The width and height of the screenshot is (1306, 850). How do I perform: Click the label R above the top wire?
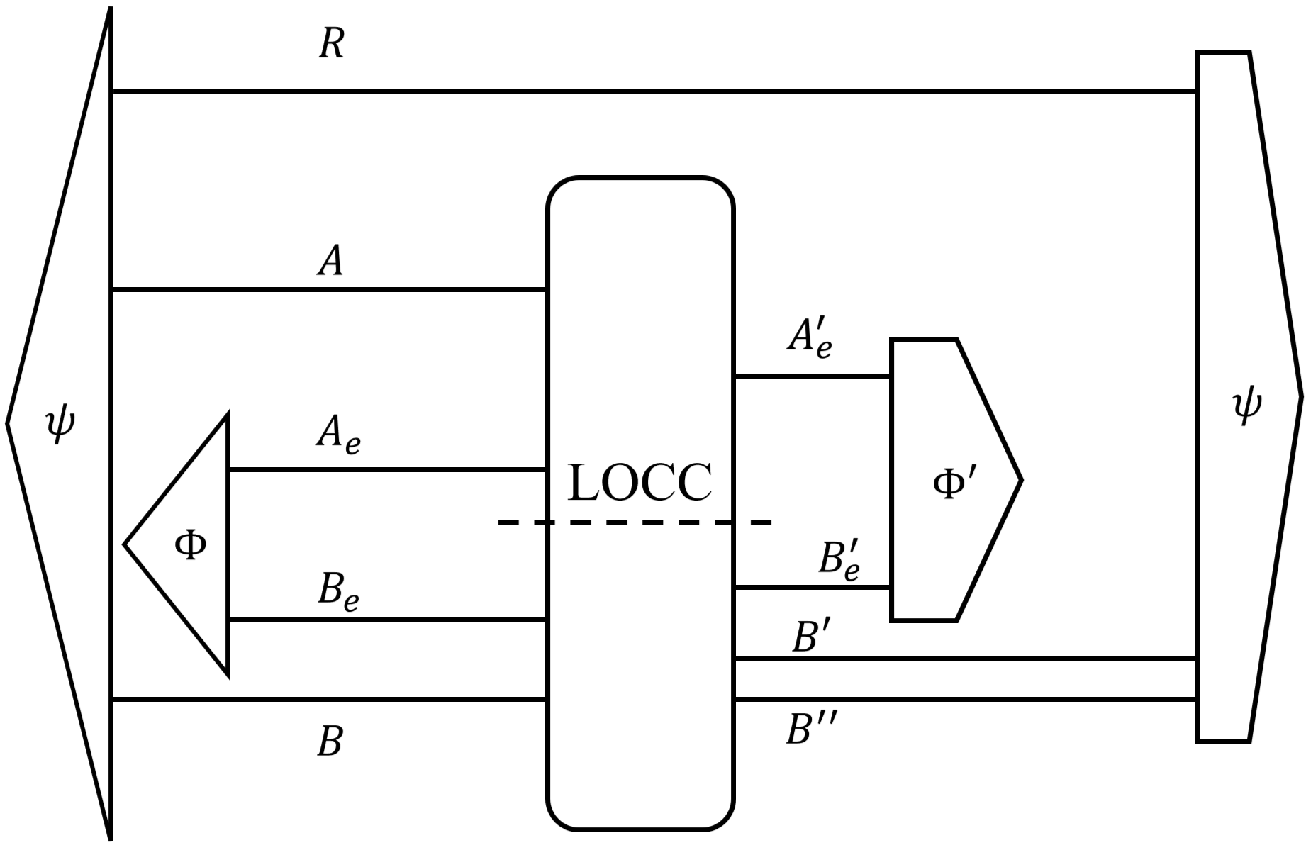[x=331, y=44]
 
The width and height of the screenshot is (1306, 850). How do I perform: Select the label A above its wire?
[x=330, y=261]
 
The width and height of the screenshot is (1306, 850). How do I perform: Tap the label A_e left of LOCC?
[x=337, y=434]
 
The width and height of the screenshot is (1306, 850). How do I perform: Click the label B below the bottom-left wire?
[x=330, y=742]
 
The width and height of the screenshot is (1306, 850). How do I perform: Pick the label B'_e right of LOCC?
[x=839, y=560]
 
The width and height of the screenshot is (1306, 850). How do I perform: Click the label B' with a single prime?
[x=806, y=637]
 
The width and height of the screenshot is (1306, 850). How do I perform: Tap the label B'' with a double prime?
[x=812, y=729]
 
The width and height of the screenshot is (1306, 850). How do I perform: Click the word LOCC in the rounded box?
[x=640, y=483]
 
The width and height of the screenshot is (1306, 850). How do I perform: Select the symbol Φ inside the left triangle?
[x=190, y=545]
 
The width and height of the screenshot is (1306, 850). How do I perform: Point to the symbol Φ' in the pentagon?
[x=954, y=484]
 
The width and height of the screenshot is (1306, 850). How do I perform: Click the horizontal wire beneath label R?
[x=638, y=91]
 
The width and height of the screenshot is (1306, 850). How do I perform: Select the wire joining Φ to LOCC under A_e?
[x=386, y=469]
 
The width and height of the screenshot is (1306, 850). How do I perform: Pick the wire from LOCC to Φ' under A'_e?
[x=812, y=377]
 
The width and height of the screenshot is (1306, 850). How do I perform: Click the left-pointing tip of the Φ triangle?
[x=126, y=544]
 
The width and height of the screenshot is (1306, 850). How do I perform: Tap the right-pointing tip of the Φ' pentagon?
[x=1020, y=481]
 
